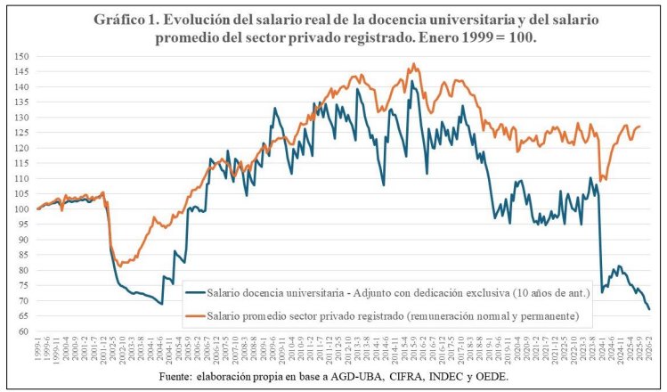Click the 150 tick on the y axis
pyautogui.click(x=21, y=56)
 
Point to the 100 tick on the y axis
pyautogui.click(x=21, y=209)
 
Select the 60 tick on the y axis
pyautogui.click(x=23, y=331)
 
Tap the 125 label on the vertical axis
pyautogui.click(x=21, y=133)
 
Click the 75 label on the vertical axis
pyautogui.click(x=23, y=286)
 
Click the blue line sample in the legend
pyautogui.click(x=193, y=292)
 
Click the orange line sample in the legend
pyautogui.click(x=193, y=314)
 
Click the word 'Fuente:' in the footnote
pyautogui.click(x=190, y=378)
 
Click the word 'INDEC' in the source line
pyautogui.click(x=436, y=378)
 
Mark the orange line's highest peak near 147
pyautogui.click(x=414, y=64)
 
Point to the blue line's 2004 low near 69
pyautogui.click(x=161, y=304)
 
